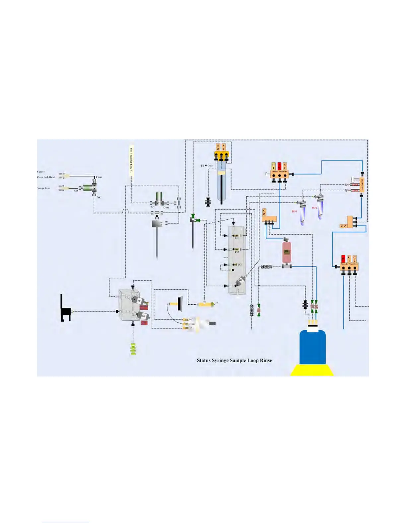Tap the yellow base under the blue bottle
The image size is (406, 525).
[x=312, y=370]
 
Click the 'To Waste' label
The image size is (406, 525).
[x=207, y=166]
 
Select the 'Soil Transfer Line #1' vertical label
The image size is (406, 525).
[x=131, y=160]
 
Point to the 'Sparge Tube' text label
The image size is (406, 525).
[x=44, y=188]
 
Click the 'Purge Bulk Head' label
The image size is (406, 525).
[x=46, y=177]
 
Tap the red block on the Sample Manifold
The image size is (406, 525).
[x=279, y=166]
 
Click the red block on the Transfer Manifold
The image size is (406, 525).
[x=343, y=259]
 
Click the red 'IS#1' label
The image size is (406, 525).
[x=294, y=211]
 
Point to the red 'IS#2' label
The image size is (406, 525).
[x=314, y=208]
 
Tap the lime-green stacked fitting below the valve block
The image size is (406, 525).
[x=133, y=349]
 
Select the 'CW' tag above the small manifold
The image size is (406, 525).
[x=264, y=212]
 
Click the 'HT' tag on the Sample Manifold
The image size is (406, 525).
[x=274, y=166]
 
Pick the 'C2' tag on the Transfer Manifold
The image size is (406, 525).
[x=355, y=259]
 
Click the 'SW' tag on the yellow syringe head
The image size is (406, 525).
[x=218, y=147]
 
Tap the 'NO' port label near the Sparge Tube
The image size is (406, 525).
[x=76, y=191]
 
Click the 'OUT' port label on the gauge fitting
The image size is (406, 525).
[x=191, y=320]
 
